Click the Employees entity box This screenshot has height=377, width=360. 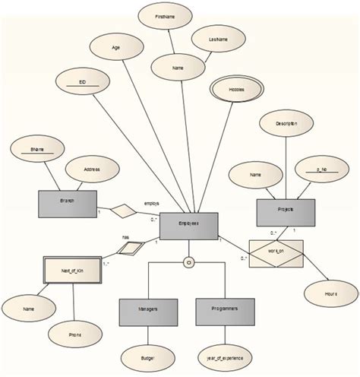click(189, 223)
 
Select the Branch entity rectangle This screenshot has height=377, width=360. click(67, 203)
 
